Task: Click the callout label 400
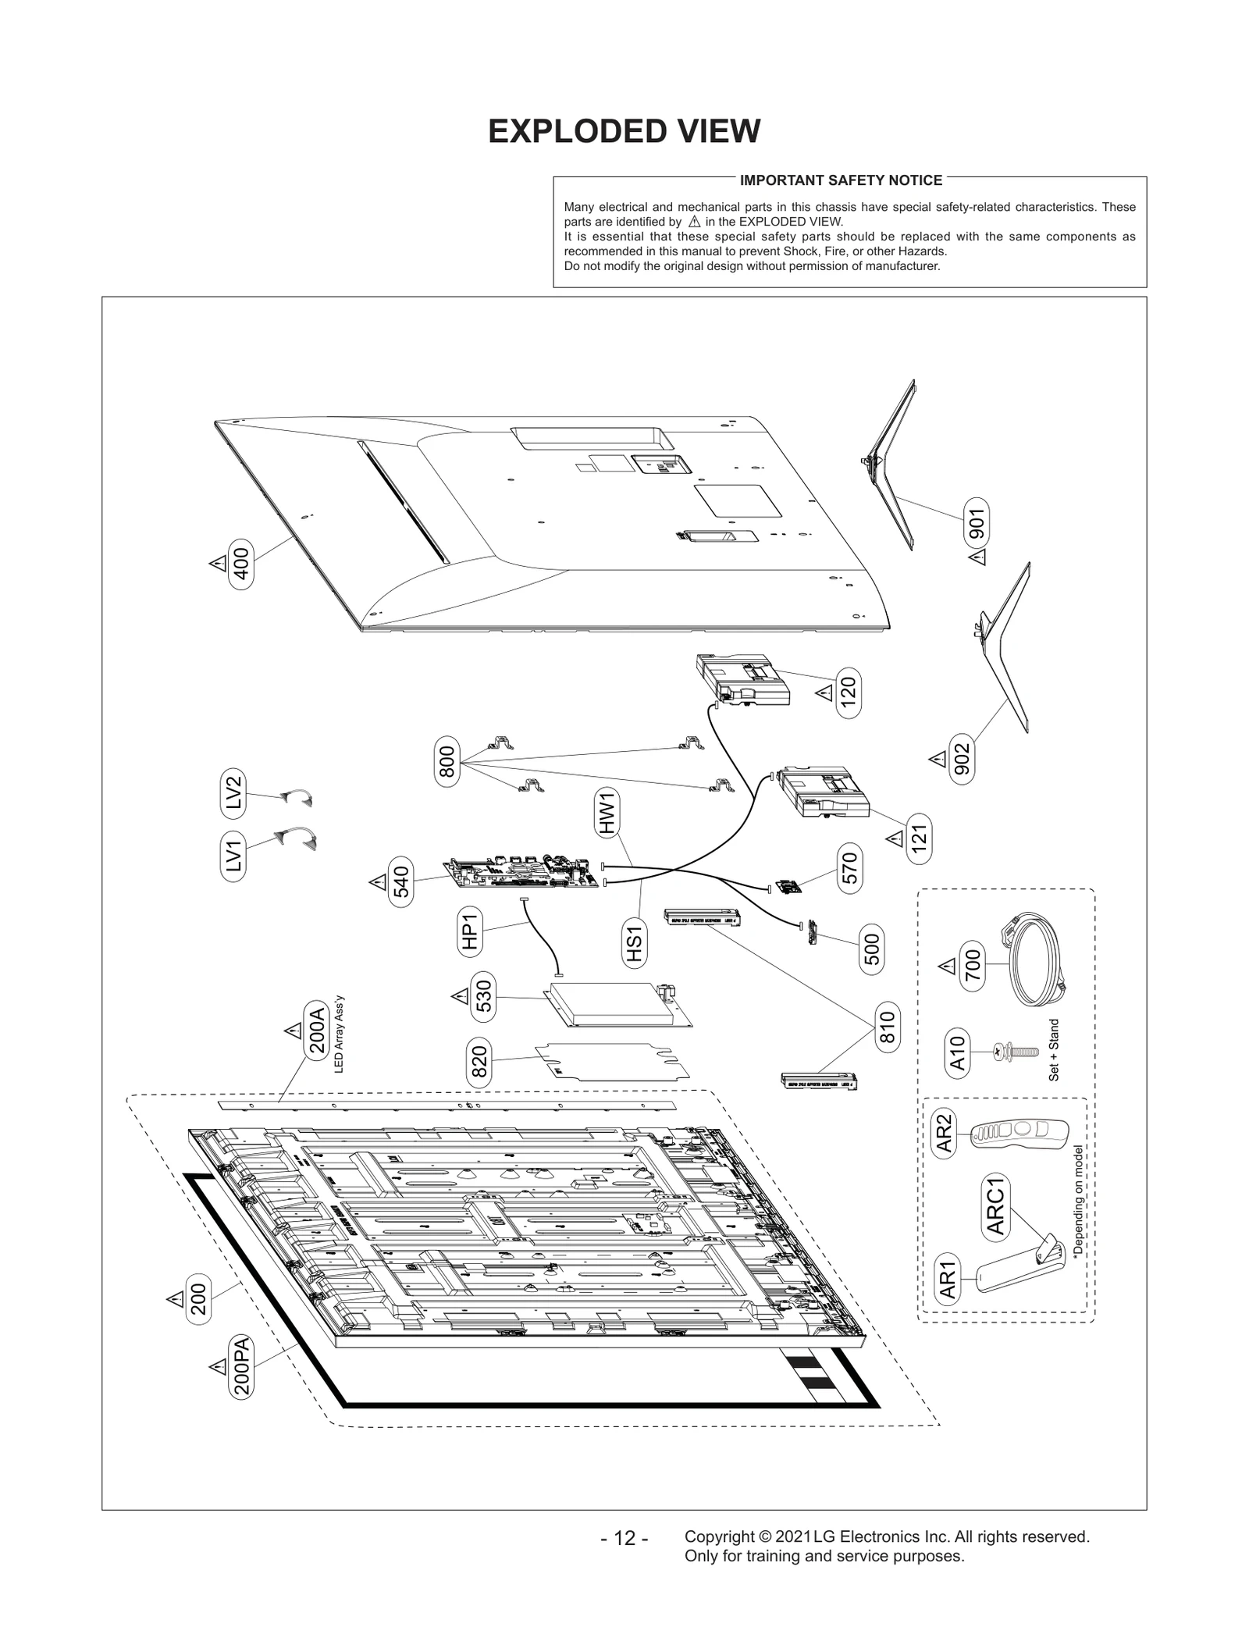(241, 564)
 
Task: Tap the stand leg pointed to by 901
(893, 469)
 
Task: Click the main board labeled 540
(524, 874)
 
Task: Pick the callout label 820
(479, 1062)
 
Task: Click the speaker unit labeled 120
(742, 681)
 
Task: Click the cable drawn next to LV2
(297, 797)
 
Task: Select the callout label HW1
(608, 813)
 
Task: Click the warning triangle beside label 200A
(293, 1031)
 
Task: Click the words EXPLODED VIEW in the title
(624, 131)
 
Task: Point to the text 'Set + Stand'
(1054, 1050)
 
